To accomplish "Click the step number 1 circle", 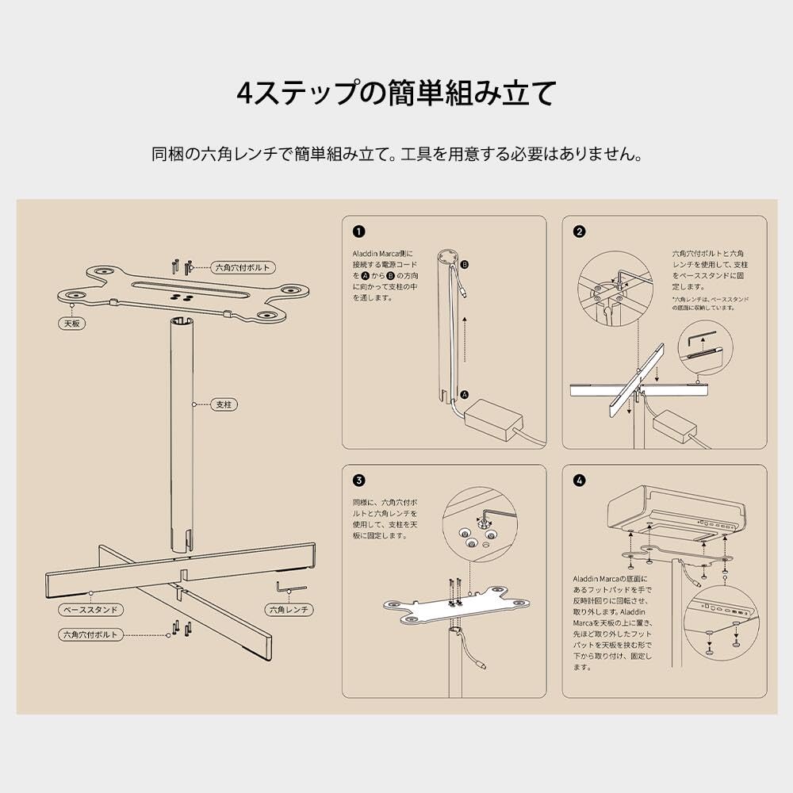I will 359,232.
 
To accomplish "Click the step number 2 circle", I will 580,232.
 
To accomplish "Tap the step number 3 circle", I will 359,481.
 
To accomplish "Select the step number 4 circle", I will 580,481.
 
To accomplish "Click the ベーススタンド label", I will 91,611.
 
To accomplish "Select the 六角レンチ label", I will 288,610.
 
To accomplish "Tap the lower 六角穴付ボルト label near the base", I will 91,635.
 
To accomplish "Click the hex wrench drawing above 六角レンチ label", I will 291,587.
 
